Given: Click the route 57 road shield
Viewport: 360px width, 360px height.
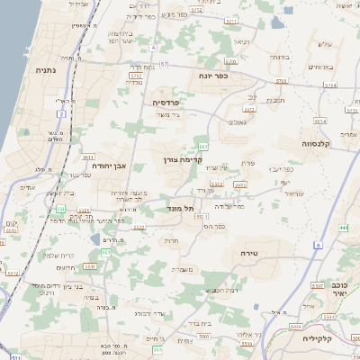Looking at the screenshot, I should [x=164, y=66].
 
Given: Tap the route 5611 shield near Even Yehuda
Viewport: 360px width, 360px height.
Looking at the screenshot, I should [x=89, y=157].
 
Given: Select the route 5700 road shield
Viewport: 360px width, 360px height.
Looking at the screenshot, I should [x=230, y=61].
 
